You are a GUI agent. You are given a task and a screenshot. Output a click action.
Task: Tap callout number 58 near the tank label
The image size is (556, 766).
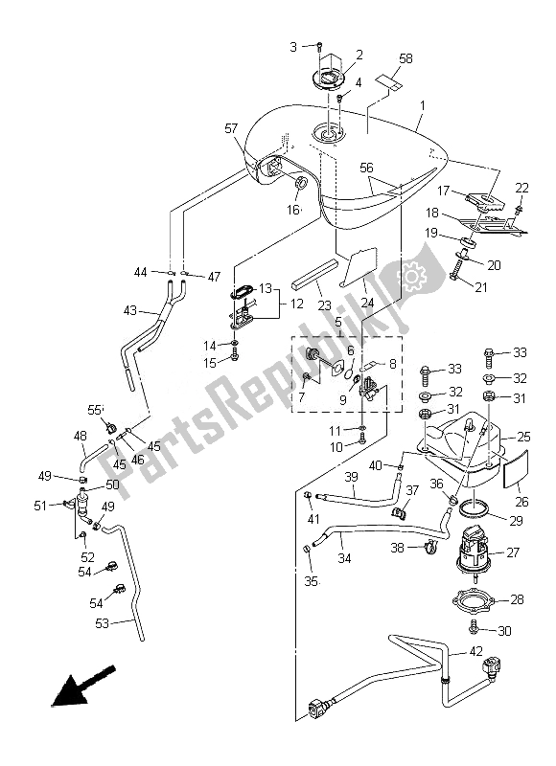[x=405, y=59]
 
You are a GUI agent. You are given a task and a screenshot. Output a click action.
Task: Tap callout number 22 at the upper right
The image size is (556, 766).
[x=521, y=187]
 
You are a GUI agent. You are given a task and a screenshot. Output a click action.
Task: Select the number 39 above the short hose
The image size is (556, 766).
[x=352, y=478]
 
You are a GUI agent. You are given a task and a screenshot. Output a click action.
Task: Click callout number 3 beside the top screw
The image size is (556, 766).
[x=293, y=46]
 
